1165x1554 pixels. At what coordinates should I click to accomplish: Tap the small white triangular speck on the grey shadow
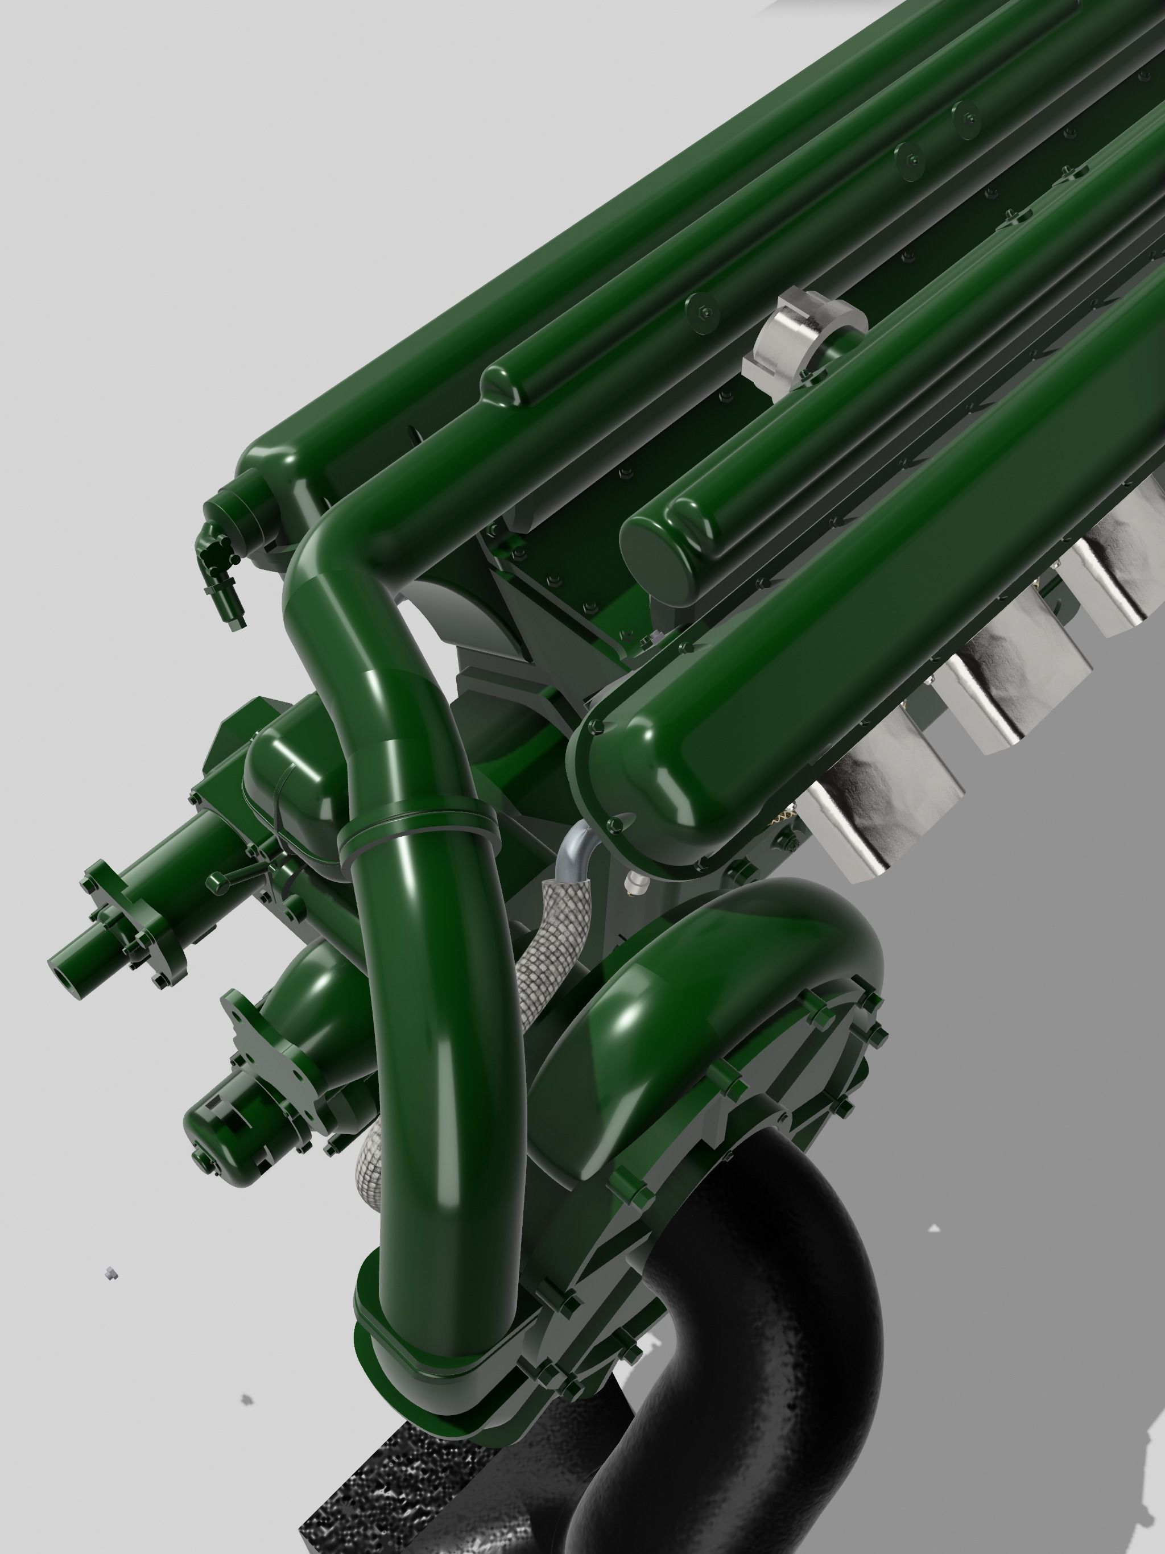[x=934, y=1229]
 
